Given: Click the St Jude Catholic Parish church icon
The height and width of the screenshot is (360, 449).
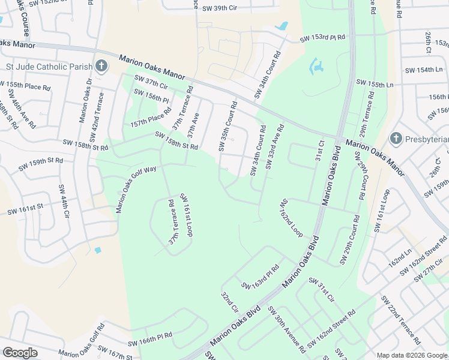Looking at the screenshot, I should coord(101,65).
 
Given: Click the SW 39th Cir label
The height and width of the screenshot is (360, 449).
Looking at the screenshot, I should coord(223,8).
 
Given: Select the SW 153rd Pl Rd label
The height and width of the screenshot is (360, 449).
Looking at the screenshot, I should coord(323,38).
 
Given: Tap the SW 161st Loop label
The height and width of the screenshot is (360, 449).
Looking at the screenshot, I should coord(185,214).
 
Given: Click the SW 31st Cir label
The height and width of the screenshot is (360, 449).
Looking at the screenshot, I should coord(322,289).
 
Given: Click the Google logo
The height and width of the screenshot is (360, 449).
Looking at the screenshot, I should coord(20,353).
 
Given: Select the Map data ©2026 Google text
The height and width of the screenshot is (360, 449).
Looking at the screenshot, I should coord(412,355).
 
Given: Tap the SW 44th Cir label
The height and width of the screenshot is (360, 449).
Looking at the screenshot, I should coord(64,201).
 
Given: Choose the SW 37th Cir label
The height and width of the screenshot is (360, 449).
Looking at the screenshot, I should coord(151,83).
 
